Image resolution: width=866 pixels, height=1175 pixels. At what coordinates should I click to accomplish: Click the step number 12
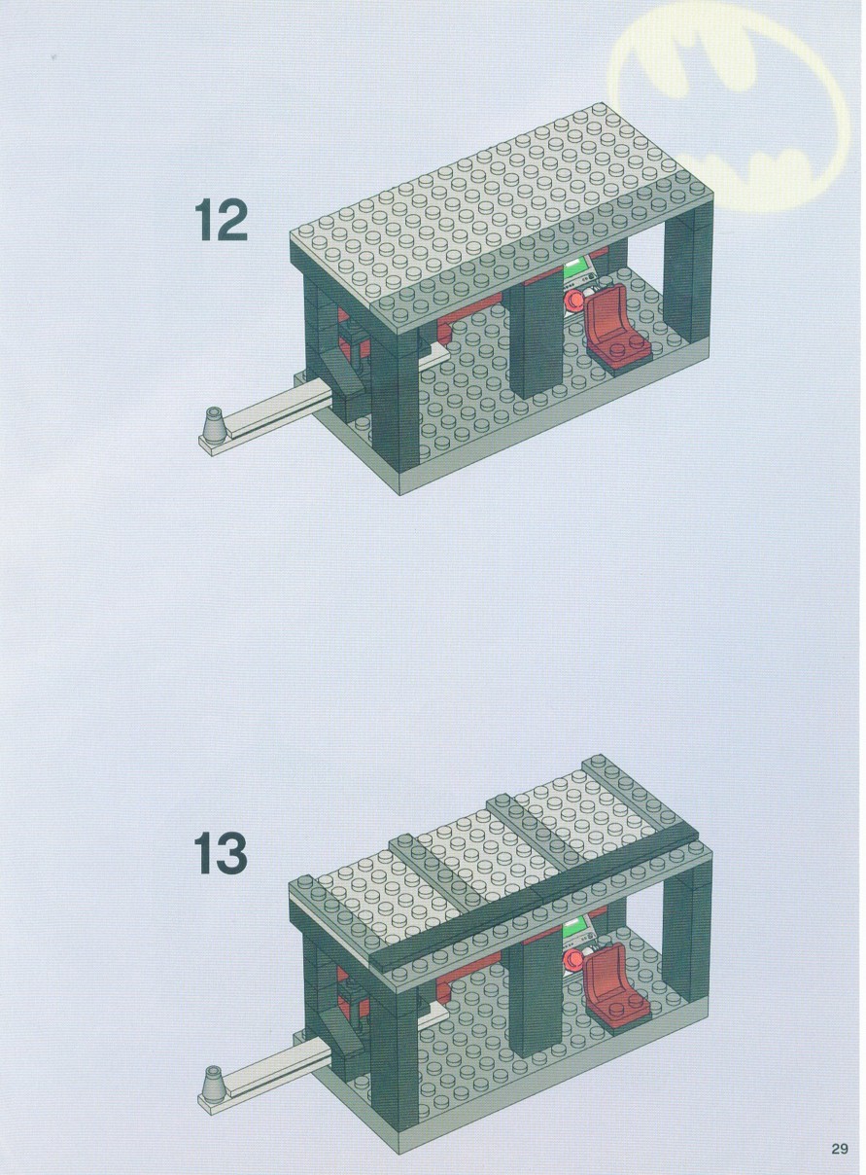click(x=221, y=222)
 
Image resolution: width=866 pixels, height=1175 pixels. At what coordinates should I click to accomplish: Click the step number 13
click(x=221, y=854)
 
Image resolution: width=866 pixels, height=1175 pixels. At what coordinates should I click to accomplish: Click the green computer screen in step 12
click(x=575, y=271)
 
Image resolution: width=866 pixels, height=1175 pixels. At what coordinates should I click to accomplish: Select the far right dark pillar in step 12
click(x=687, y=272)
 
